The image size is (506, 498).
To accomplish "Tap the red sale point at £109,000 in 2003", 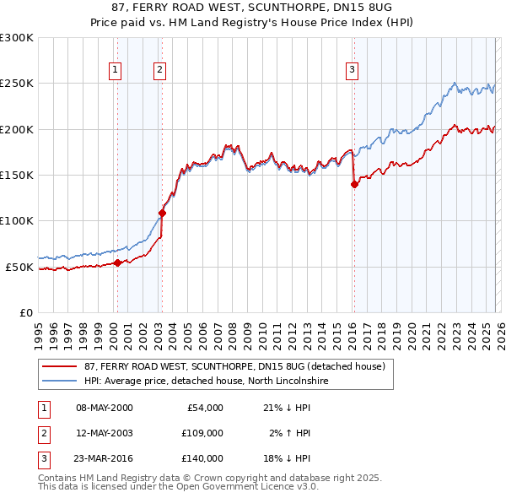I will (x=162, y=213).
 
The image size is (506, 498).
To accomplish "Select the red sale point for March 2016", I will (x=354, y=185).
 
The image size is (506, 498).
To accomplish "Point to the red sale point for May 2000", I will (x=117, y=263).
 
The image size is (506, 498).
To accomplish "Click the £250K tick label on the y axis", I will (x=17, y=84).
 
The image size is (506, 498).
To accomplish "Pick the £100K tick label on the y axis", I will (x=17, y=220).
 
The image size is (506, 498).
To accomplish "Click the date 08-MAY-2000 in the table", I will (x=105, y=408).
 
